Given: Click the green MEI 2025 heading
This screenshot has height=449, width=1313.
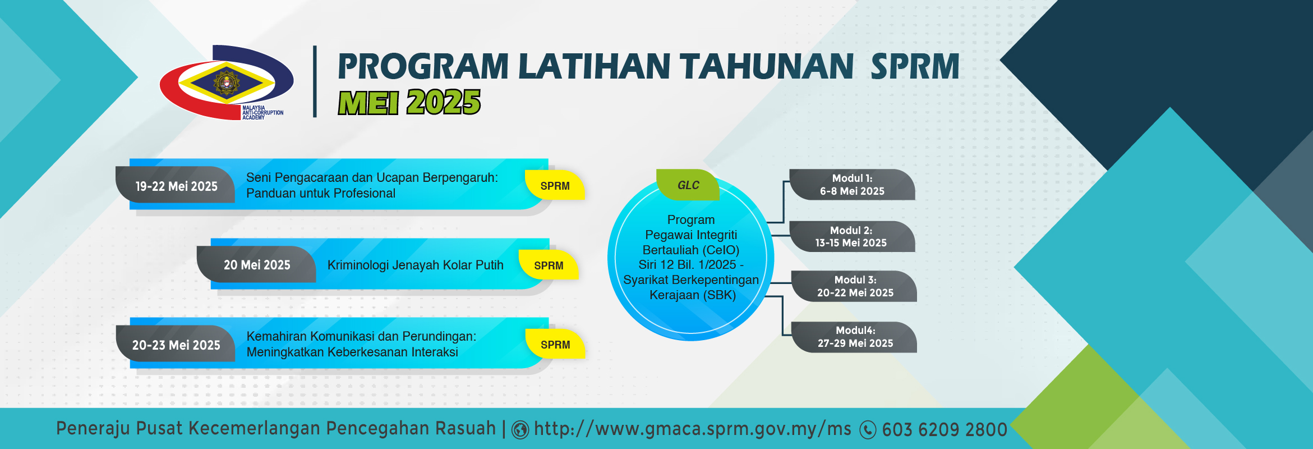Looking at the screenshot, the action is pos(409,102).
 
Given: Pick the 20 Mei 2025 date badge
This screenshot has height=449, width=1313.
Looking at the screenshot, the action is pos(256,264).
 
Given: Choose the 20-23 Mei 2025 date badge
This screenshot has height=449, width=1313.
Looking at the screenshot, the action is pos(176,344).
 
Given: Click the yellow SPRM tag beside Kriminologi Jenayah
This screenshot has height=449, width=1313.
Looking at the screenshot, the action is pos(549,265).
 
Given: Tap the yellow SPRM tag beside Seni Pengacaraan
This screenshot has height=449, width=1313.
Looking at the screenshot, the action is pos(555,185).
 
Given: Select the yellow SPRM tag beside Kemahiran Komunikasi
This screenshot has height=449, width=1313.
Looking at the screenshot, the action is pos(555,344).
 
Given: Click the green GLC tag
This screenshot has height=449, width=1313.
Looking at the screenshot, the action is pos(688,185).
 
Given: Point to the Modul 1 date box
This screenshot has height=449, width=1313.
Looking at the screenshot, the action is pos(852,185).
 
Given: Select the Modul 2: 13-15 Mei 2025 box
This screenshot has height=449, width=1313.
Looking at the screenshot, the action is pos(852,236).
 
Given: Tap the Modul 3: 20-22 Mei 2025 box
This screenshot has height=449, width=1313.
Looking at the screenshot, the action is pos(854,286).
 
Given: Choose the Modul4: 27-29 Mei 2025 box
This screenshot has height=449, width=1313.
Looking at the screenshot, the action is pos(854,337).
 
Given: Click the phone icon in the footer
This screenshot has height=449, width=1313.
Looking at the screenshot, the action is pos(868,430).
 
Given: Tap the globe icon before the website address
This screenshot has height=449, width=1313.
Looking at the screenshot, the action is pos(520,430).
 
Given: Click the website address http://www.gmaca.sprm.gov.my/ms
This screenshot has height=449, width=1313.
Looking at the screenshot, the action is pos(693,429).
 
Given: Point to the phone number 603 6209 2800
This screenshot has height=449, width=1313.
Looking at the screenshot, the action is pos(945,430).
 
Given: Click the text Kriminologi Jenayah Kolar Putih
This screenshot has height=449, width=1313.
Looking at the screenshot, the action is pos(415,265).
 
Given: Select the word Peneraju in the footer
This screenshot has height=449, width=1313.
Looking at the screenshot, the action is pos(93,429).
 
